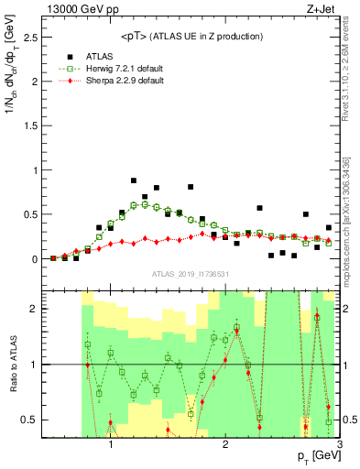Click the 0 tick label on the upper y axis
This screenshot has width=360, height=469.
[35, 259]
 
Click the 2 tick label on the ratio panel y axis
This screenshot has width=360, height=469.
[35, 309]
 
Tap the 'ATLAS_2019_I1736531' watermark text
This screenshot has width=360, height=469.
[191, 274]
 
